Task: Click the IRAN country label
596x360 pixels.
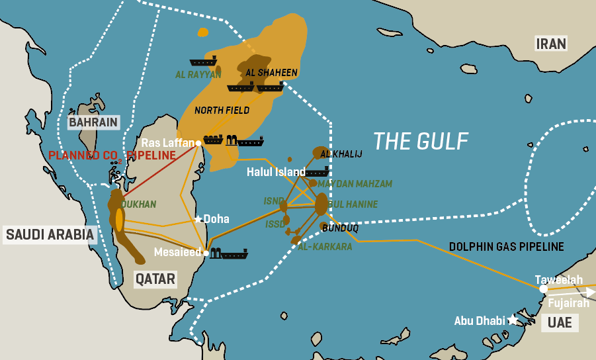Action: [x=551, y=44]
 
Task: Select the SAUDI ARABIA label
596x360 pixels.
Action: [x=50, y=234]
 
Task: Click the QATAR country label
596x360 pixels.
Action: [x=155, y=279]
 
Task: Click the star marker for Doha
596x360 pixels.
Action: [x=198, y=219]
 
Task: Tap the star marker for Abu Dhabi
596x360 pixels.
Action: [x=513, y=320]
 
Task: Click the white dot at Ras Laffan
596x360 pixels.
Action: [x=198, y=143]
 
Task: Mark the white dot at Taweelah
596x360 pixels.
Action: [x=543, y=289]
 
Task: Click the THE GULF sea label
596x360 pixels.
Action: [x=421, y=141]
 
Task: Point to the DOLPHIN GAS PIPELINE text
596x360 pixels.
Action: [x=506, y=247]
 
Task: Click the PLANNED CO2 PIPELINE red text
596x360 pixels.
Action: [x=112, y=156]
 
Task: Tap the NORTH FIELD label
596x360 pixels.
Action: [x=222, y=110]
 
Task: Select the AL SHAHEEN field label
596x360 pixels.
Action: [x=271, y=72]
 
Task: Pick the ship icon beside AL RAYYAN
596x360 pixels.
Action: [x=203, y=62]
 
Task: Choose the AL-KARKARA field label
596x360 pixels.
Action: [x=321, y=246]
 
